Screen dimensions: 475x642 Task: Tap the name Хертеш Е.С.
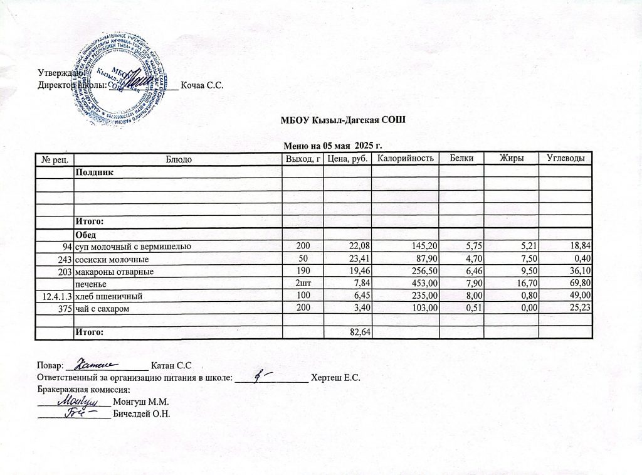tap(335, 377)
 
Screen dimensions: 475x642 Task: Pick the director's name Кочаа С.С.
tap(202, 85)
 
